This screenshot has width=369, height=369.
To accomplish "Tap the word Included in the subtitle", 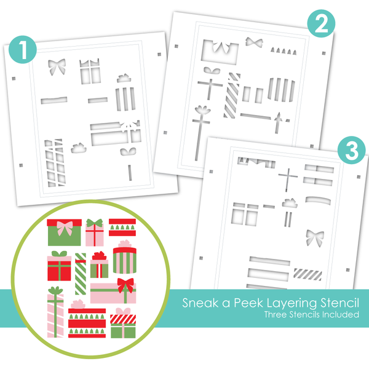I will pos(339,315).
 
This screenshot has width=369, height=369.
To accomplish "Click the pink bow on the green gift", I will pos(63,227).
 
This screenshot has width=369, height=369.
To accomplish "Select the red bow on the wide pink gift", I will pos(126,285).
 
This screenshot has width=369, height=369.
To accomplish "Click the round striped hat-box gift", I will pos(125,258).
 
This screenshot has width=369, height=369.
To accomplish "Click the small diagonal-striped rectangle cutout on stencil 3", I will pos(306,273).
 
